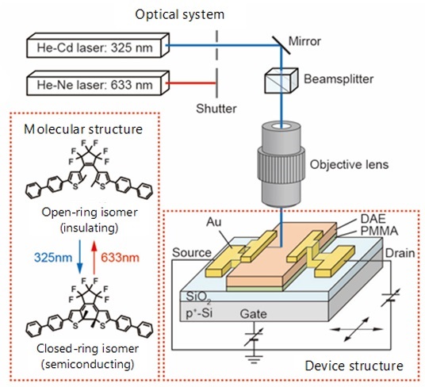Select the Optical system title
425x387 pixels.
(180, 14)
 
